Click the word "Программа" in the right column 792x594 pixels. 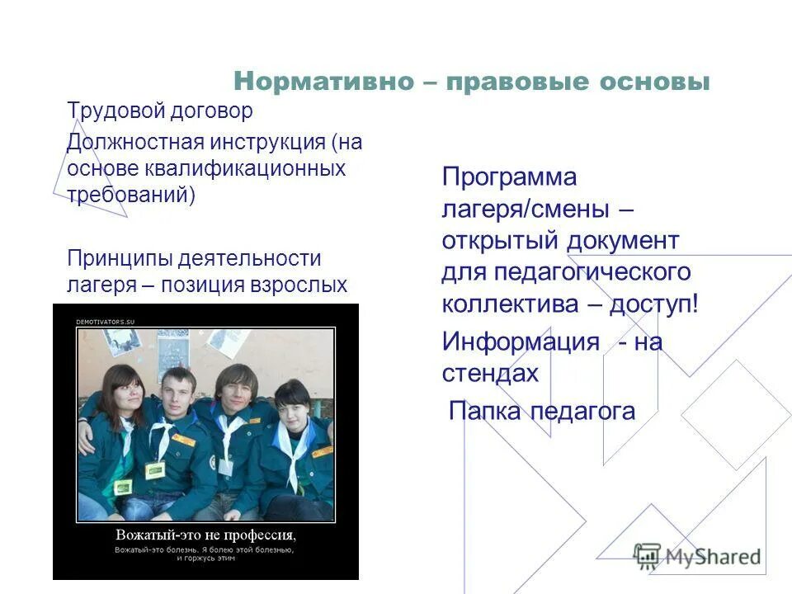[509, 177]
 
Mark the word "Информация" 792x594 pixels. [521, 342]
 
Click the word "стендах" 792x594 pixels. [490, 373]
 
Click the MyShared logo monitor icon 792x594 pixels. [648, 555]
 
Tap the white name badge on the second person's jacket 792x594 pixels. [155, 469]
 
